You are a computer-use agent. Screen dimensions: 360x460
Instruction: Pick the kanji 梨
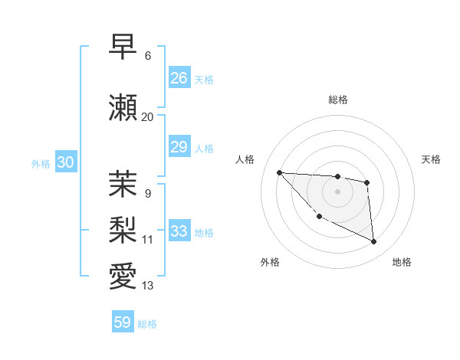(x=123, y=229)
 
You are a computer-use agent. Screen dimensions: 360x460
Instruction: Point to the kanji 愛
(x=123, y=276)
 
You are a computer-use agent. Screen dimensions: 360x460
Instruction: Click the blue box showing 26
(x=179, y=78)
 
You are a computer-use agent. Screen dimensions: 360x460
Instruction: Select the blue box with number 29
(x=179, y=147)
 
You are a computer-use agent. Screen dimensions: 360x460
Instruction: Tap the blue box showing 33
(x=179, y=231)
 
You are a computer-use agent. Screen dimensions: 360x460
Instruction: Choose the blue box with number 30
(x=65, y=162)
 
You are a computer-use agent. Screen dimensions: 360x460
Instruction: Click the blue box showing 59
(x=123, y=322)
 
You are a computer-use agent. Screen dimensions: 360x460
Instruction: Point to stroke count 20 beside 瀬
(x=147, y=116)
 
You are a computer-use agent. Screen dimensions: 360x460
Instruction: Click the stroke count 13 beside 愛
(x=147, y=286)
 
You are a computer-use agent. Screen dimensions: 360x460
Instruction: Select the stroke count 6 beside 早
(x=147, y=56)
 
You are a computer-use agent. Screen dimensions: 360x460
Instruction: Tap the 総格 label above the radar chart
(x=337, y=100)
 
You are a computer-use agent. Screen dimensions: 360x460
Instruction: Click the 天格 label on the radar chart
(x=432, y=159)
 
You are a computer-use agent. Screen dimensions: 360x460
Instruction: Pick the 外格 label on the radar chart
(x=270, y=262)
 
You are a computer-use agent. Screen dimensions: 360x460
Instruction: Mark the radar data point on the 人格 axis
(x=279, y=172)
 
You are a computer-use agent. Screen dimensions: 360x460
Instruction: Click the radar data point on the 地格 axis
(x=374, y=242)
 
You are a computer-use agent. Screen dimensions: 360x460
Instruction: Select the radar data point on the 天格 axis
(x=367, y=182)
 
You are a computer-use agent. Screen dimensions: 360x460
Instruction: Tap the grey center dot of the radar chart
(x=337, y=191)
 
